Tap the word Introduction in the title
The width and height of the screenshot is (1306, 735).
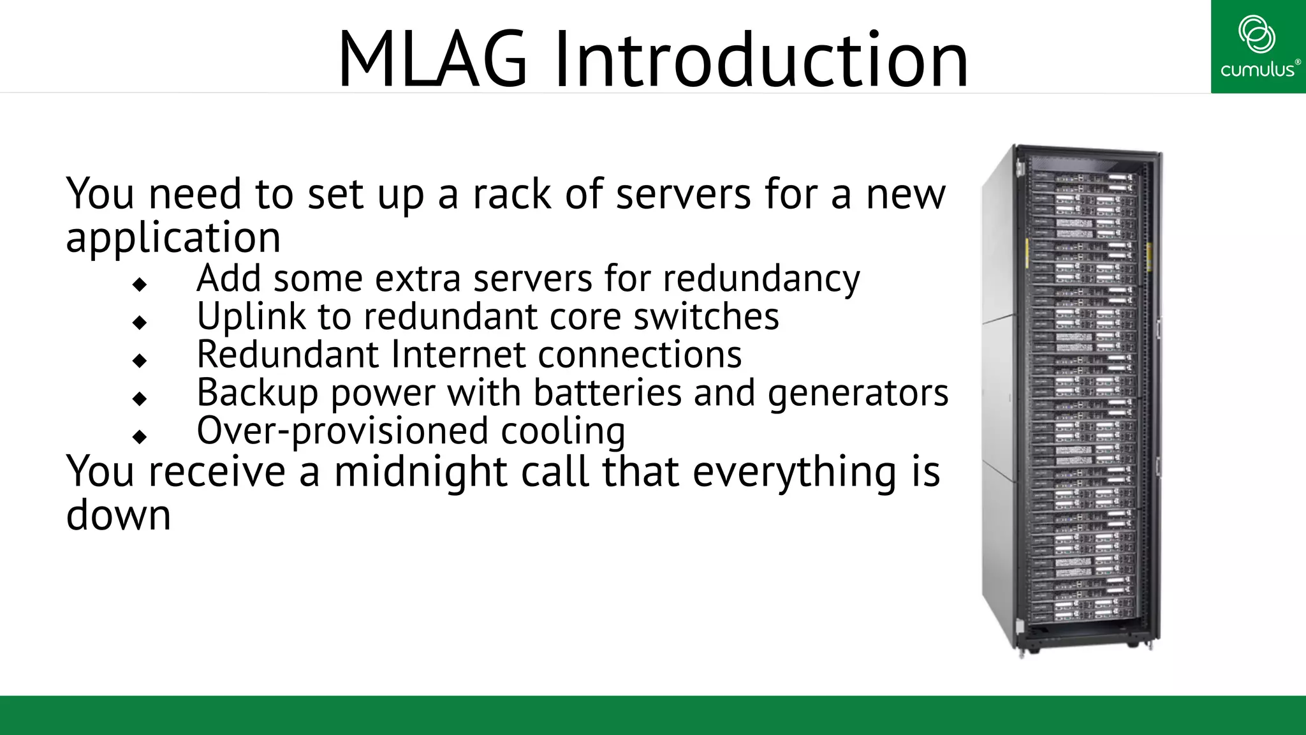pyautogui.click(x=761, y=60)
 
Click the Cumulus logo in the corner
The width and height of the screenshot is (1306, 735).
pyautogui.click(x=1258, y=47)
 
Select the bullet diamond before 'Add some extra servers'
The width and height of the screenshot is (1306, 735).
pyautogui.click(x=140, y=284)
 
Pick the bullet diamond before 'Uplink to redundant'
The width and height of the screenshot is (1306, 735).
pyautogui.click(x=140, y=322)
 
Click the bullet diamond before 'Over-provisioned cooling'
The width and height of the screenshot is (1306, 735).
pyautogui.click(x=140, y=437)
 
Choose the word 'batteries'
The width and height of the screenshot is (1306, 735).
pyautogui.click(x=607, y=393)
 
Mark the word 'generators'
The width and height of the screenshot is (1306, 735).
pyautogui.click(x=858, y=394)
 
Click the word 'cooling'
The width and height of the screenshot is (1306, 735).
pyautogui.click(x=562, y=432)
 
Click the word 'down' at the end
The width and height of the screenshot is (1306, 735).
pyautogui.click(x=119, y=516)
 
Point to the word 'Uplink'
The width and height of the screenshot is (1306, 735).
pyautogui.click(x=251, y=317)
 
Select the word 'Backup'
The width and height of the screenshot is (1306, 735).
pyautogui.click(x=257, y=394)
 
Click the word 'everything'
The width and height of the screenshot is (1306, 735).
pyautogui.click(x=794, y=472)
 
